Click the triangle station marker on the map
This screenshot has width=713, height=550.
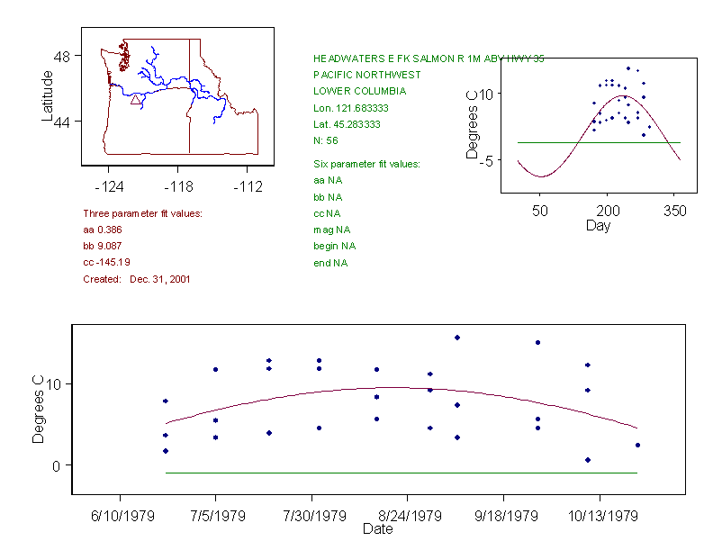(136, 99)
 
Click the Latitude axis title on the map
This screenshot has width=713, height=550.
(48, 96)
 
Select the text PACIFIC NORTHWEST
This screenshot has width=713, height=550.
(366, 75)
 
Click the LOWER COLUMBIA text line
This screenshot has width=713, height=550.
(359, 91)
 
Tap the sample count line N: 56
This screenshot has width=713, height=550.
(325, 140)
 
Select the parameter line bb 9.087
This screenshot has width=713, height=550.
(103, 246)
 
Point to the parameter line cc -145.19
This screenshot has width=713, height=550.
(107, 262)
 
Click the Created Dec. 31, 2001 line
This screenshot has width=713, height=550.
(136, 279)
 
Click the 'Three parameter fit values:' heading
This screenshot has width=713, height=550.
(142, 213)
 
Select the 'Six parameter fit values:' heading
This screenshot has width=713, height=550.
(366, 164)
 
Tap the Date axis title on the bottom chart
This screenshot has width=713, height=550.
(377, 529)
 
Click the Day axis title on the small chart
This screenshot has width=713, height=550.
(598, 225)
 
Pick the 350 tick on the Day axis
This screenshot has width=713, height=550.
(675, 211)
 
